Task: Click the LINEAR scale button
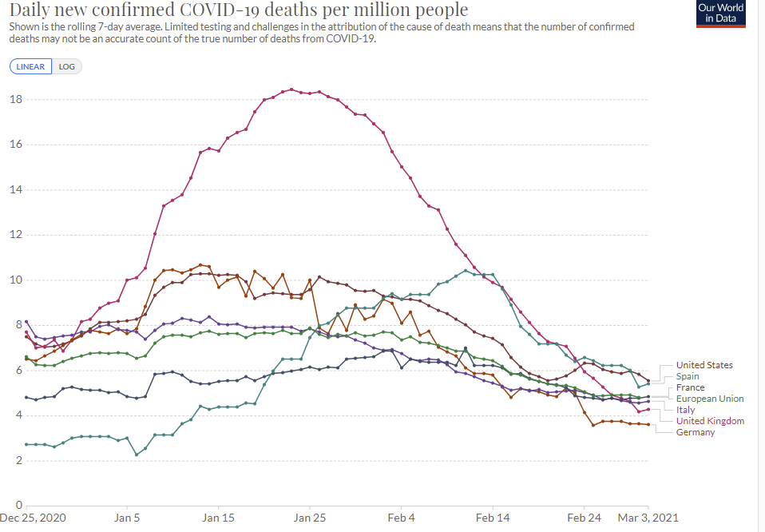[x=31, y=66]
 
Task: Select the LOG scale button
[x=67, y=66]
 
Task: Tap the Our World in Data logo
[x=720, y=14]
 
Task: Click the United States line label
[x=704, y=365]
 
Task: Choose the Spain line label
[x=688, y=376]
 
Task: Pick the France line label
[x=690, y=387]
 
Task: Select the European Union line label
[x=709, y=399]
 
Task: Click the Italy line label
[x=685, y=410]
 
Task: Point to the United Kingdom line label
[x=710, y=421]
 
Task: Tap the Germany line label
[x=695, y=432]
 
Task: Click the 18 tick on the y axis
[x=15, y=100]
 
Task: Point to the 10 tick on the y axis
[x=15, y=280]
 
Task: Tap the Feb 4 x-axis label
[x=401, y=518]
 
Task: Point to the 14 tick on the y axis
[x=15, y=190]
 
